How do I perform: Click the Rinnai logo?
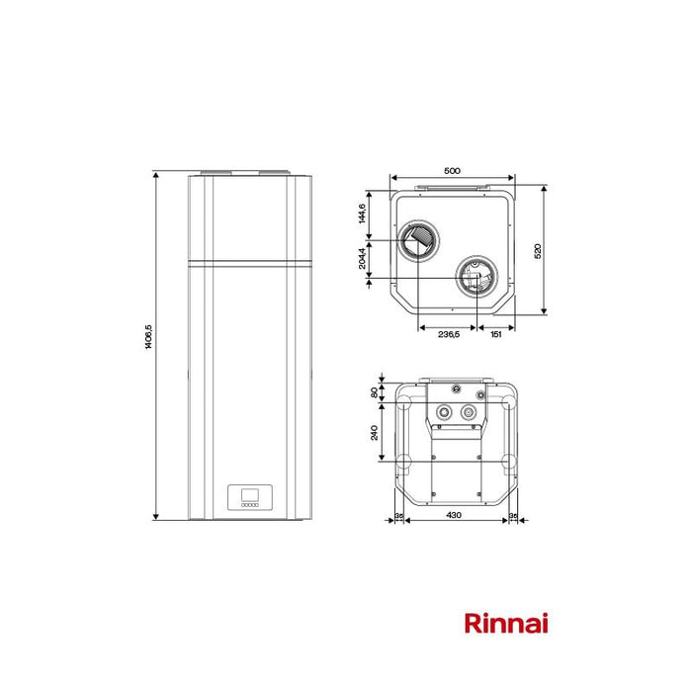coord(506,623)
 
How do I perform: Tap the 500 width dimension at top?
coord(452,171)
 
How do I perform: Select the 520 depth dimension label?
coord(538,251)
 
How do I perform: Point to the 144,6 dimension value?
coord(363,212)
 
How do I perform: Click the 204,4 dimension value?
coord(363,259)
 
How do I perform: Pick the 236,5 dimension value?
coord(448,335)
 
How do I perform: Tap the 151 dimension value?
coord(496,335)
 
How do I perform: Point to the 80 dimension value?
coord(375,392)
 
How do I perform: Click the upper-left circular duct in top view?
coord(418,240)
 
